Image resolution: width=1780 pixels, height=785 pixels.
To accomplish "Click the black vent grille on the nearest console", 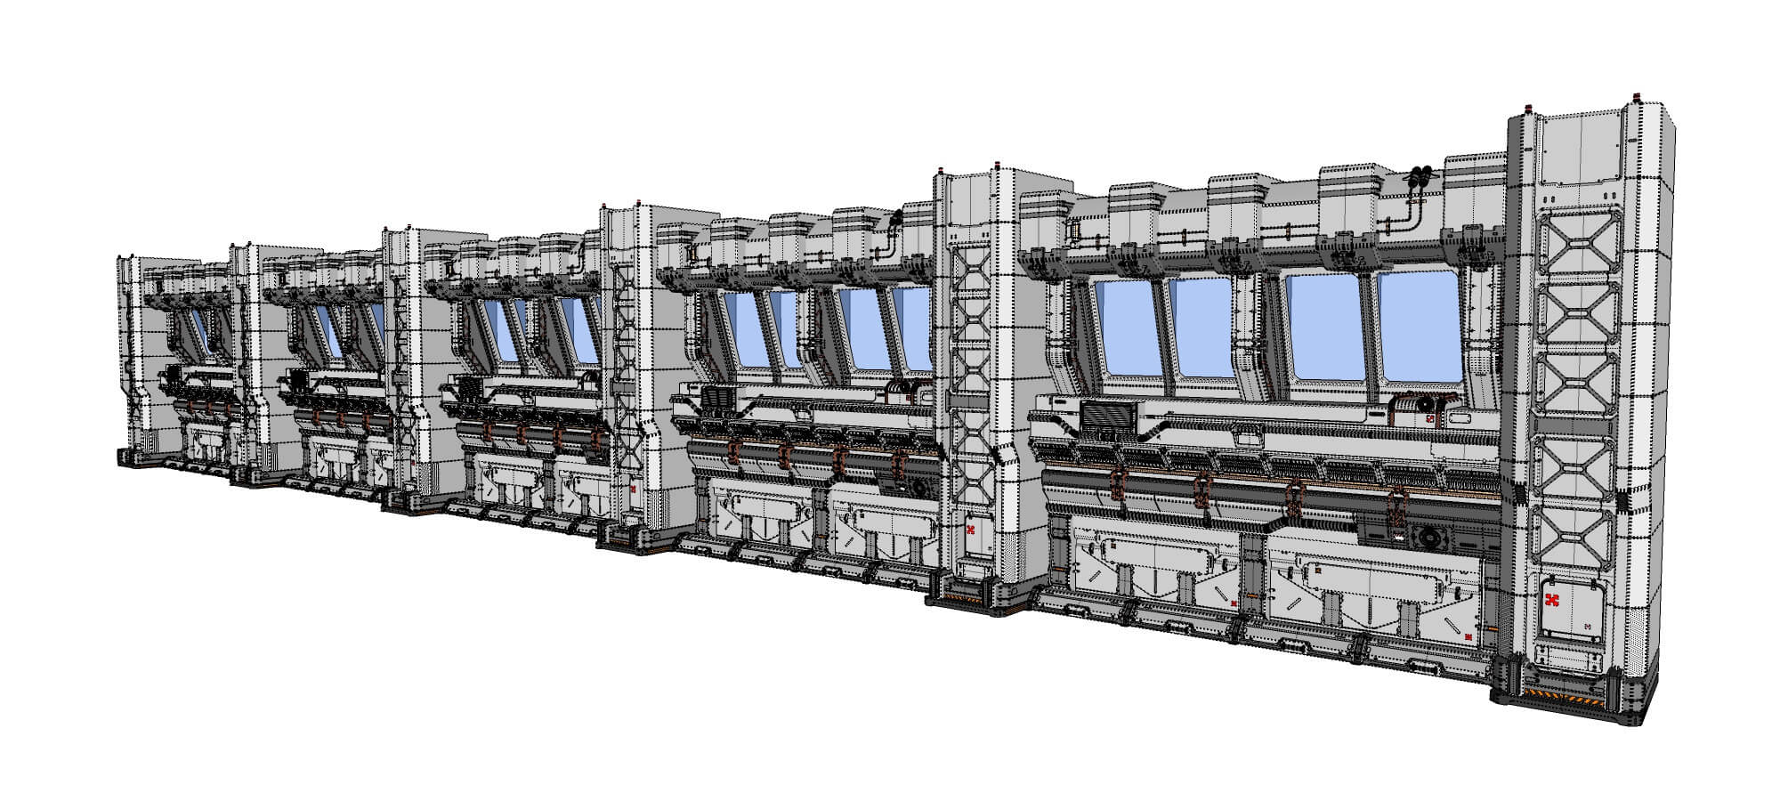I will click(1110, 417).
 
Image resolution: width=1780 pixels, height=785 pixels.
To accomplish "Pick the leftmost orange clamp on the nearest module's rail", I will click(1118, 486).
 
